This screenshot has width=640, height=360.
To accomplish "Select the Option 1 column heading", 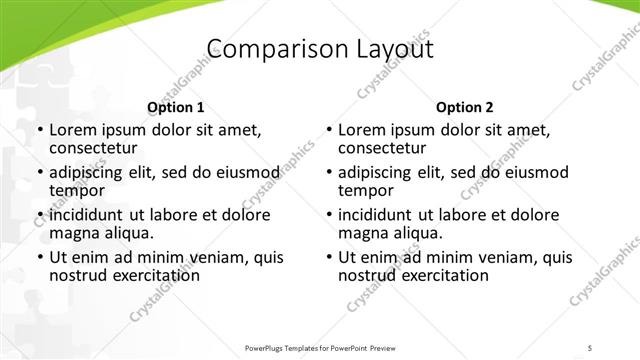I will coord(176,107).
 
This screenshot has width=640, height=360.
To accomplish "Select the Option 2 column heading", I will coord(465,107).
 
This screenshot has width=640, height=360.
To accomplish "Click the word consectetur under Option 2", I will coord(382,148).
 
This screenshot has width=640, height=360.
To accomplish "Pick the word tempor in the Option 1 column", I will coord(77,190).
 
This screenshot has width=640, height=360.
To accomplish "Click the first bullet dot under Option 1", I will coord(40,131).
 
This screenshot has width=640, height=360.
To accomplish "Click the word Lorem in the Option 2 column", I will coord(361,131).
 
